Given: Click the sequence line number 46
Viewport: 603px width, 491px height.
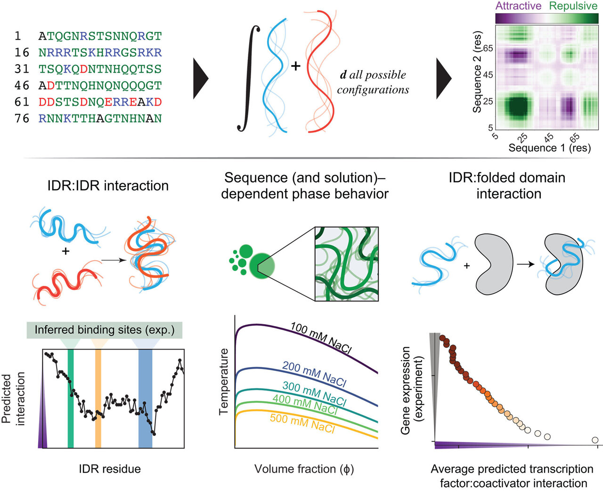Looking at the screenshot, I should click(x=22, y=86).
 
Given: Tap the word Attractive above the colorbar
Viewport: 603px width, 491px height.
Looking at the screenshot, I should click(x=518, y=6).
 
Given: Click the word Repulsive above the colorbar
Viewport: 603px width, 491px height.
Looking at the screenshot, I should click(x=573, y=6).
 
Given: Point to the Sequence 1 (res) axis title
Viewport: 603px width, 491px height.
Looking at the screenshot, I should click(x=549, y=148).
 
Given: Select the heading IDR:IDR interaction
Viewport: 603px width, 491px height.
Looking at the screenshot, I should click(x=108, y=186).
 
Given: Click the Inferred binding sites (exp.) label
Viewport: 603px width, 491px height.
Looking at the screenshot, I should click(x=105, y=330).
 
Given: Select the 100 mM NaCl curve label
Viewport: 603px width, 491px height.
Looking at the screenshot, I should click(x=320, y=337).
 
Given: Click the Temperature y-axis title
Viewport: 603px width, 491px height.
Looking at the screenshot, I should click(x=224, y=382).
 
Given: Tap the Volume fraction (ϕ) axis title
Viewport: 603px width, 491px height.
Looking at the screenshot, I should click(x=304, y=469).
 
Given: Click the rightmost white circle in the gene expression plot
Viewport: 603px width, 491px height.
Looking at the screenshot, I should click(x=595, y=440).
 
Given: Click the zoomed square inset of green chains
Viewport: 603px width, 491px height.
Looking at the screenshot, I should click(x=346, y=263).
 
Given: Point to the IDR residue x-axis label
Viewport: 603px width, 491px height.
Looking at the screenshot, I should click(x=110, y=469).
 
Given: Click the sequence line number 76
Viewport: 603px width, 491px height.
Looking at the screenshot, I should click(x=22, y=119).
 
